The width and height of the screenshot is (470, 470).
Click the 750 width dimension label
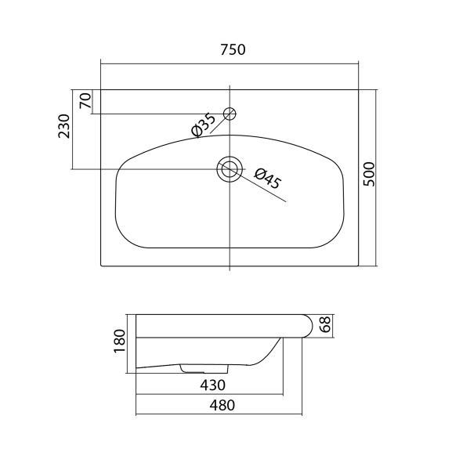(x=233, y=50)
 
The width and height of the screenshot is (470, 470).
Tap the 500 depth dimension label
(x=369, y=174)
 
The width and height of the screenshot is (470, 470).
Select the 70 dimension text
(x=85, y=100)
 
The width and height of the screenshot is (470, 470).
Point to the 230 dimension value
(x=63, y=126)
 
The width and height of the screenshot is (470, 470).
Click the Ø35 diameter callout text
(x=204, y=125)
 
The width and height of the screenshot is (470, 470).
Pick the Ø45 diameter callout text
(x=268, y=179)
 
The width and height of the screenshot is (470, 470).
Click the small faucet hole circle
(x=230, y=114)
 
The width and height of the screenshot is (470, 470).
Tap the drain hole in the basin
(x=230, y=169)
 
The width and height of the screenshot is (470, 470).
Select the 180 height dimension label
(x=120, y=341)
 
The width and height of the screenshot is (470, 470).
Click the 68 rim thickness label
(x=325, y=324)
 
